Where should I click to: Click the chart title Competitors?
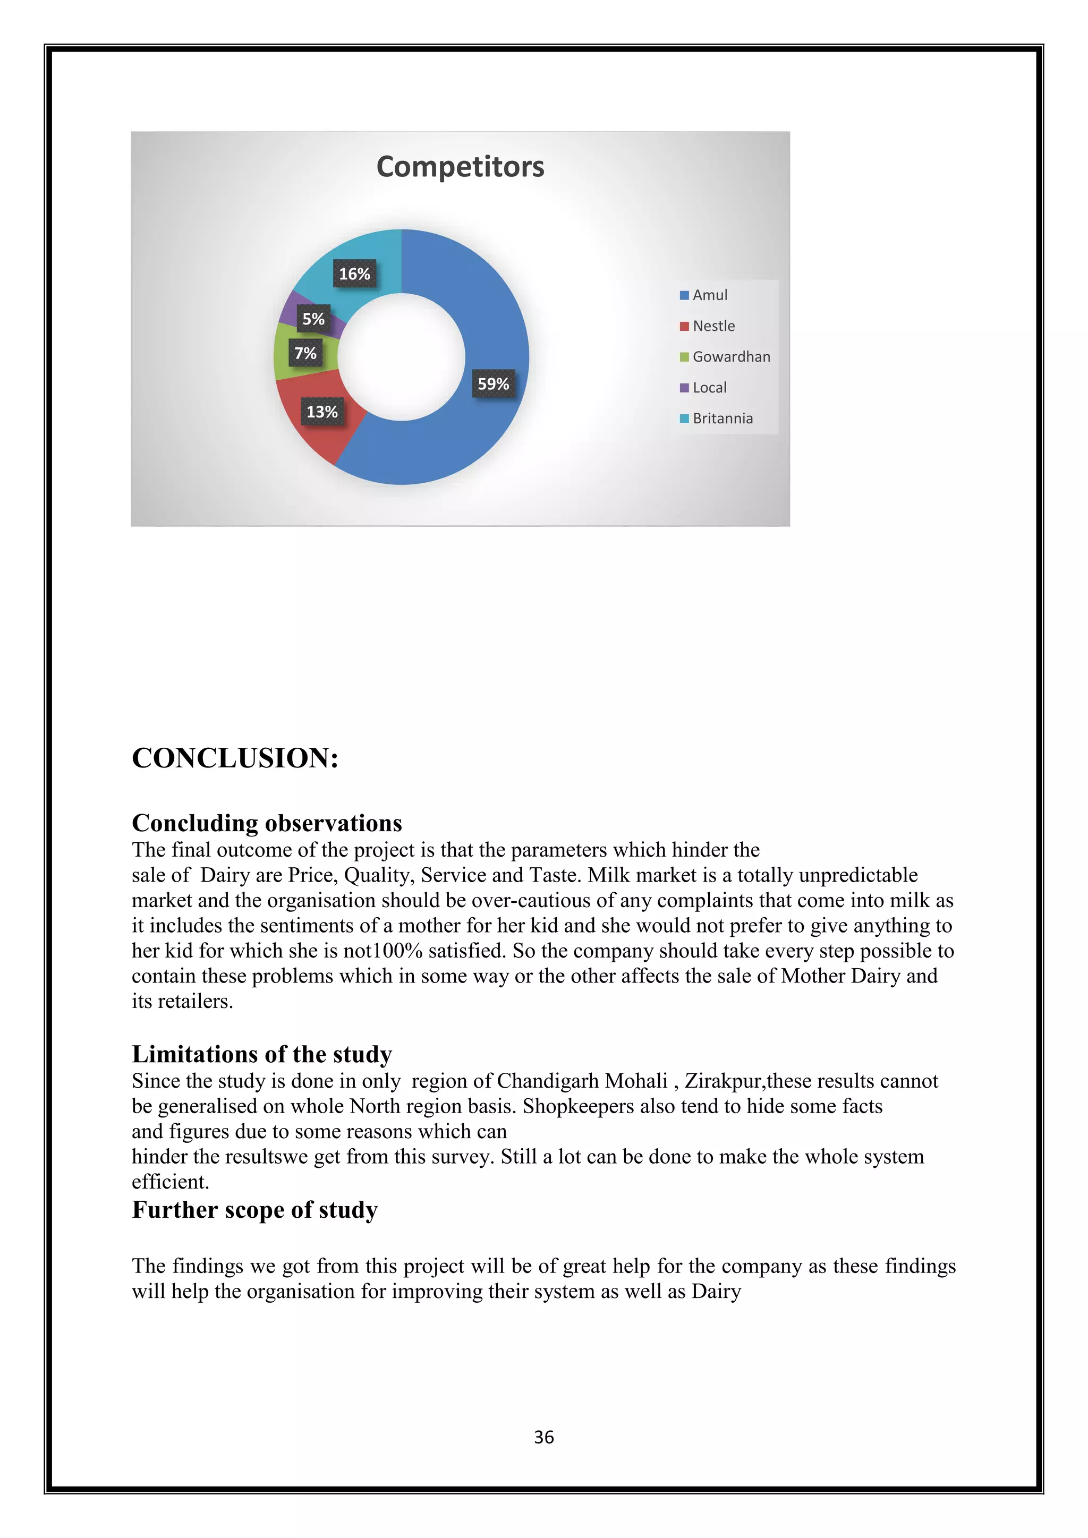click(x=460, y=167)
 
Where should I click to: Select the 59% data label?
click(x=493, y=384)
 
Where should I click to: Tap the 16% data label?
click(x=354, y=274)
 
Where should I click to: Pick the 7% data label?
click(x=305, y=353)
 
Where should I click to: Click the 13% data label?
click(x=322, y=412)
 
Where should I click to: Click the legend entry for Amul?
click(x=709, y=295)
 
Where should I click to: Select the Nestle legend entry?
click(x=713, y=326)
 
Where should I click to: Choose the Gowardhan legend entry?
click(x=730, y=357)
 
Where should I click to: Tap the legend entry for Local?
click(x=709, y=388)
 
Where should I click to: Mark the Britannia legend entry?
click(x=721, y=418)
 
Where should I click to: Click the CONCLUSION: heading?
click(x=235, y=758)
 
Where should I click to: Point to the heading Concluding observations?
click(x=267, y=823)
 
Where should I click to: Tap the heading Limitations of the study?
click(x=261, y=1054)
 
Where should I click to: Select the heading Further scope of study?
click(x=254, y=1210)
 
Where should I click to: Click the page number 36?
click(x=543, y=1437)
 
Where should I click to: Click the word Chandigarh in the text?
click(x=548, y=1081)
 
